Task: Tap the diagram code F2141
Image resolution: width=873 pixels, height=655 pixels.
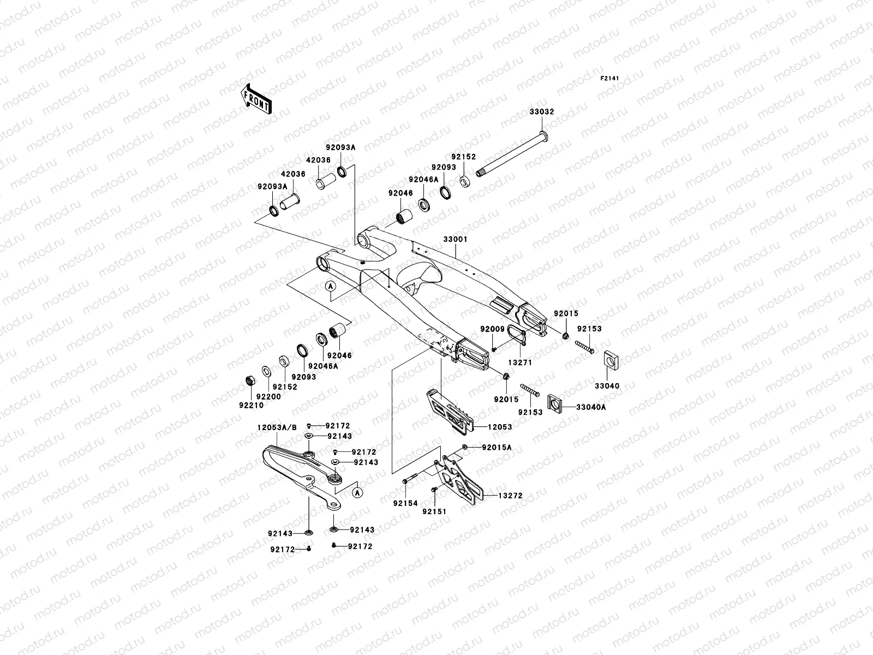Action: coord(611,79)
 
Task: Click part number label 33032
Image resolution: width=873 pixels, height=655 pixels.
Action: coord(541,112)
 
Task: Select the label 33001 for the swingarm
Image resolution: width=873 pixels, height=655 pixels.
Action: coord(455,240)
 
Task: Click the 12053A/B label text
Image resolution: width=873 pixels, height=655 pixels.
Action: coord(277,428)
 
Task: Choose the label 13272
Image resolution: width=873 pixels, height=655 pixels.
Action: coord(511,496)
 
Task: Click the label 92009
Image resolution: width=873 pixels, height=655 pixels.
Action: coord(492,329)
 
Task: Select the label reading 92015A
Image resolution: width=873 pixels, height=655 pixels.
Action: coord(497,448)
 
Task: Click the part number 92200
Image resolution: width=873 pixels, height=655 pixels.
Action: coord(268,397)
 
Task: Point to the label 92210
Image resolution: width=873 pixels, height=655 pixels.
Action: coord(251,406)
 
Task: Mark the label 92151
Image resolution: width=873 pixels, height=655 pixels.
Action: coord(434,511)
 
